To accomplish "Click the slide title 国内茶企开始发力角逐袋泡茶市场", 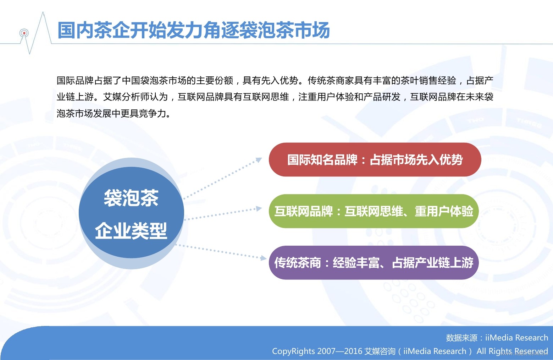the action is click(x=194, y=30).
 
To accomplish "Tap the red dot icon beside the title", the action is click(x=24, y=33).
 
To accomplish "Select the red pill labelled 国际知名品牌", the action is click(x=375, y=159).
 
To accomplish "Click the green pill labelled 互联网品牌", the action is click(x=374, y=211).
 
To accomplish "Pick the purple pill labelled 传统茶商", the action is click(x=374, y=263).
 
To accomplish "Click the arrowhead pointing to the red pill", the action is click(x=259, y=160).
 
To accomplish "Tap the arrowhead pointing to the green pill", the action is click(x=259, y=209).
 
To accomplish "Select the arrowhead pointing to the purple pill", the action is click(x=264, y=258).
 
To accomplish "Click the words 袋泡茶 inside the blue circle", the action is click(x=131, y=198).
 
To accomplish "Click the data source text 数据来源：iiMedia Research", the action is click(x=497, y=338).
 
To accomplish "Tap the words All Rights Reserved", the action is click(x=512, y=351).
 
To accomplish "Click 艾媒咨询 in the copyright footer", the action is click(x=380, y=351).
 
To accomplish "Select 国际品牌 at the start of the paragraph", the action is click(x=75, y=81).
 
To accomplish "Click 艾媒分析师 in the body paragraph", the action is click(x=126, y=97).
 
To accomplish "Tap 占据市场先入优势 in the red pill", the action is click(x=416, y=160).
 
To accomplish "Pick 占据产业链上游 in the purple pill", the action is click(x=433, y=263).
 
